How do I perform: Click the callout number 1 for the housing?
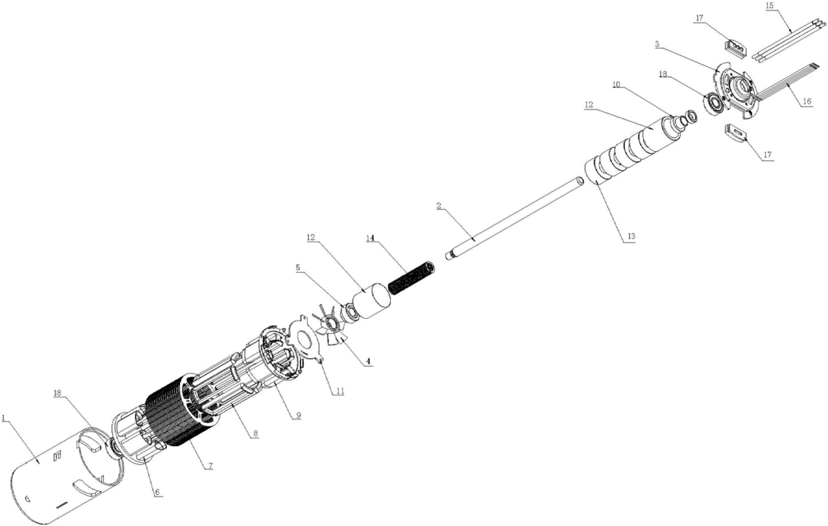pos(4,419)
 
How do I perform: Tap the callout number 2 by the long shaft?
pos(439,206)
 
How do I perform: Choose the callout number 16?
pos(807,101)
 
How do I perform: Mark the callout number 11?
pos(340,391)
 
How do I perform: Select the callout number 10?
pos(616,85)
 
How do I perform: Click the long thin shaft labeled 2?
pos(515,218)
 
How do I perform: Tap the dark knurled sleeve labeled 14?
pos(411,278)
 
